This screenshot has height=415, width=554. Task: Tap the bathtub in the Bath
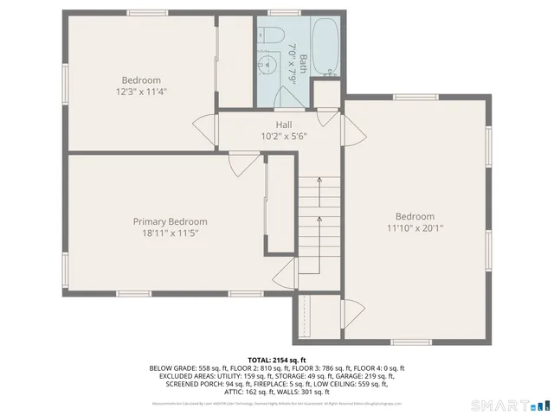(325, 48)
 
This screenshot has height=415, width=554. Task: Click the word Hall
(284, 124)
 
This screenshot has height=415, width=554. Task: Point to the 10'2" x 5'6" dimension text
(284, 136)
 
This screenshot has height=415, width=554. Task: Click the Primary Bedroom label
(170, 221)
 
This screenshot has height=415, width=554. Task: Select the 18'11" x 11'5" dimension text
(170, 233)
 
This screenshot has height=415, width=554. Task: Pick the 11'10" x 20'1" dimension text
(415, 228)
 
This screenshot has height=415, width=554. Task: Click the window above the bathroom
(280, 12)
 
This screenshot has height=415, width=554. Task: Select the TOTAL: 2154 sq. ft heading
(277, 359)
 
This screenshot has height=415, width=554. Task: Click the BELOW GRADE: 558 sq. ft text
(185, 368)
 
